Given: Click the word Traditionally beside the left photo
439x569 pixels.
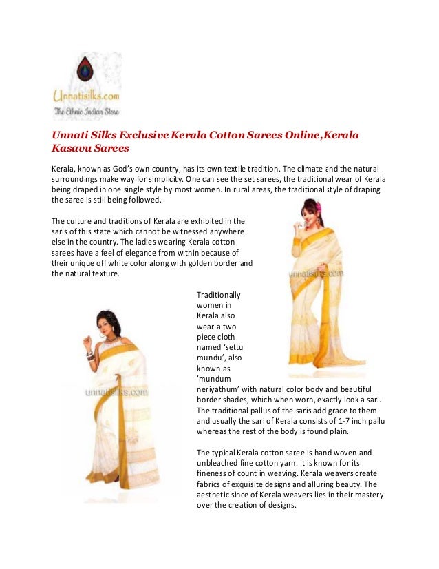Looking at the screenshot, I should click(218, 294).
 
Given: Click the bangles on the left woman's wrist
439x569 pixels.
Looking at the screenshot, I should click(89, 355).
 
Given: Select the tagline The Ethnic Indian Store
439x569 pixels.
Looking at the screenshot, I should click(83, 110).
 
